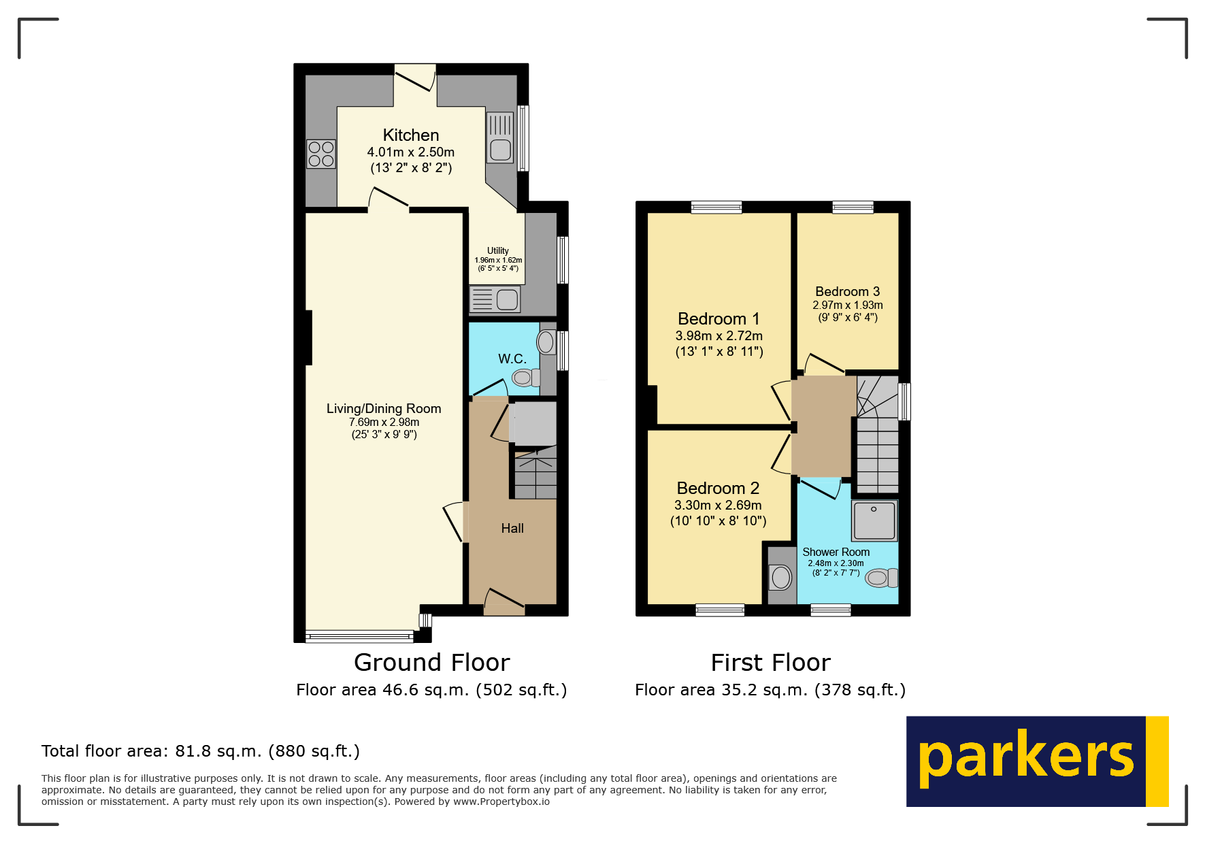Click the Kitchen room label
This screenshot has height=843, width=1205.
[x=410, y=135]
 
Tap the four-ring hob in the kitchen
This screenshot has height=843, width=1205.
[x=321, y=154]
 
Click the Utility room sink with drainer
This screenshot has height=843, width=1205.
[x=495, y=299]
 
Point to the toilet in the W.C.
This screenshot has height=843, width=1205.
[x=525, y=377]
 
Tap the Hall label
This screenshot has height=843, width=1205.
[x=512, y=529]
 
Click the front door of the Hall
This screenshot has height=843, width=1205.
[x=504, y=602]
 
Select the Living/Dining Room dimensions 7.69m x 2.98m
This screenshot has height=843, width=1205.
[x=384, y=423]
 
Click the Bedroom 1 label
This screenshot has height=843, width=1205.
[x=719, y=319]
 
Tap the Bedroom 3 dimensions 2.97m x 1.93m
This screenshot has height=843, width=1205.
[x=848, y=305]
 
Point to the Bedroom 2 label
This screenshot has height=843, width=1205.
[x=718, y=489]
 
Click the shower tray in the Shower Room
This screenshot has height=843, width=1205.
[x=874, y=520]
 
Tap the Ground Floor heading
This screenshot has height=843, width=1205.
[x=431, y=663]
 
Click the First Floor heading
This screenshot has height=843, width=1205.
[x=770, y=663]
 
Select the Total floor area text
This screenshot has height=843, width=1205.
[x=200, y=751]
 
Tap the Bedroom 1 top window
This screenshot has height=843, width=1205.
[x=716, y=207]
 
